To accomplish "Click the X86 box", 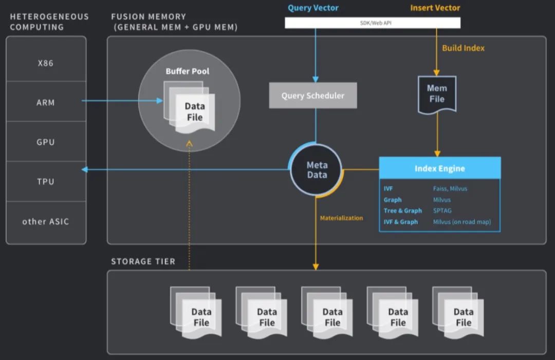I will click(46, 63).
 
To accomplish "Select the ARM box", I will click(46, 102).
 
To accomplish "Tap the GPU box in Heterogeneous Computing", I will click(46, 142).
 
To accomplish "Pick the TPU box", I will click(46, 181).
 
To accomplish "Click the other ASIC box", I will click(46, 221).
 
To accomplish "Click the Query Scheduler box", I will click(313, 96).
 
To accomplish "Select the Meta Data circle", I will click(317, 170).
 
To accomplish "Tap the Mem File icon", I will click(437, 93).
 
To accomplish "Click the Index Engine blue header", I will click(440, 168).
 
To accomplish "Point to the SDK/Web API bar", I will click(373, 23).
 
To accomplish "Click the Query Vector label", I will click(313, 8).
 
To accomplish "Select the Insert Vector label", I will click(435, 8).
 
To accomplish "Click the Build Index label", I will click(464, 48).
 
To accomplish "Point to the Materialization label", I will click(341, 218).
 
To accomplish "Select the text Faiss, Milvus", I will click(450, 188).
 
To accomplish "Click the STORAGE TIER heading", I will click(143, 261).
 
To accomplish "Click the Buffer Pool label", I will click(188, 71).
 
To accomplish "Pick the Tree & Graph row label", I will click(402, 211).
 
